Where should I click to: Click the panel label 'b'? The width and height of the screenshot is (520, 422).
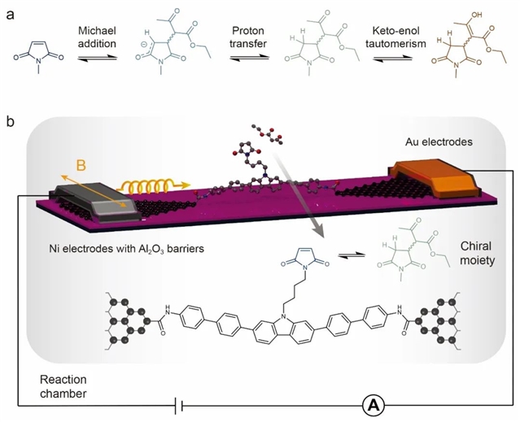coord(9,123)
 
